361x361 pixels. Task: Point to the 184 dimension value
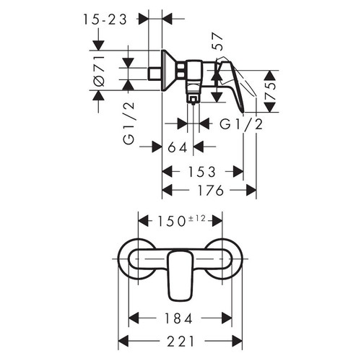click(180, 318)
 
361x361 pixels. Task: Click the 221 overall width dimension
click(180, 341)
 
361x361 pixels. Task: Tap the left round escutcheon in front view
click(133, 261)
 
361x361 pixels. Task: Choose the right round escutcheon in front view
click(228, 261)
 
